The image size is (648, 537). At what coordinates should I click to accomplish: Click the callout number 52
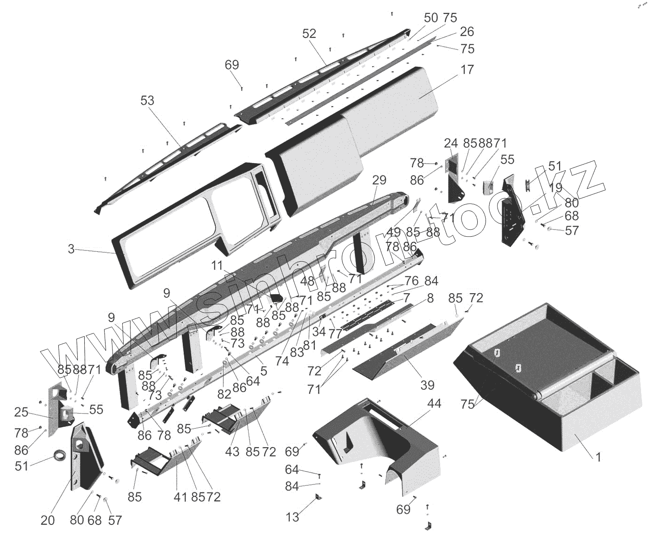(x=309, y=33)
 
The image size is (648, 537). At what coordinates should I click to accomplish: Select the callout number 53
(x=147, y=101)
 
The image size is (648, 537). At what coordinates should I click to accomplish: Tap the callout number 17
(x=467, y=69)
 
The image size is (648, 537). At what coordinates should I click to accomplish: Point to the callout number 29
(x=379, y=180)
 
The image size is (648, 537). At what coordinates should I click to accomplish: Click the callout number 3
(x=71, y=249)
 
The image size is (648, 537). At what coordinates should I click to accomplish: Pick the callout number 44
(x=434, y=404)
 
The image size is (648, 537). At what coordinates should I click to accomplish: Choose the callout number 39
(x=427, y=385)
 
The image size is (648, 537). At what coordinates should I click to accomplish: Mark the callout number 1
(x=598, y=457)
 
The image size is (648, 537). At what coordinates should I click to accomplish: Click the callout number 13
(x=293, y=517)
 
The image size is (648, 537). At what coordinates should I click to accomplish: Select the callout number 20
(x=48, y=520)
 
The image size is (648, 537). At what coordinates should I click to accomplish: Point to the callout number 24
(x=450, y=143)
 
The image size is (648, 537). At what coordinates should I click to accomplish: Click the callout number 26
(x=467, y=32)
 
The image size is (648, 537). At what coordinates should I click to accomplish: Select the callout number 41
(x=180, y=497)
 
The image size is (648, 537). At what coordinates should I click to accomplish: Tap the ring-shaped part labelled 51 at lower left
(x=59, y=455)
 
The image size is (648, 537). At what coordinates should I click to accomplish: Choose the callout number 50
(x=431, y=18)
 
